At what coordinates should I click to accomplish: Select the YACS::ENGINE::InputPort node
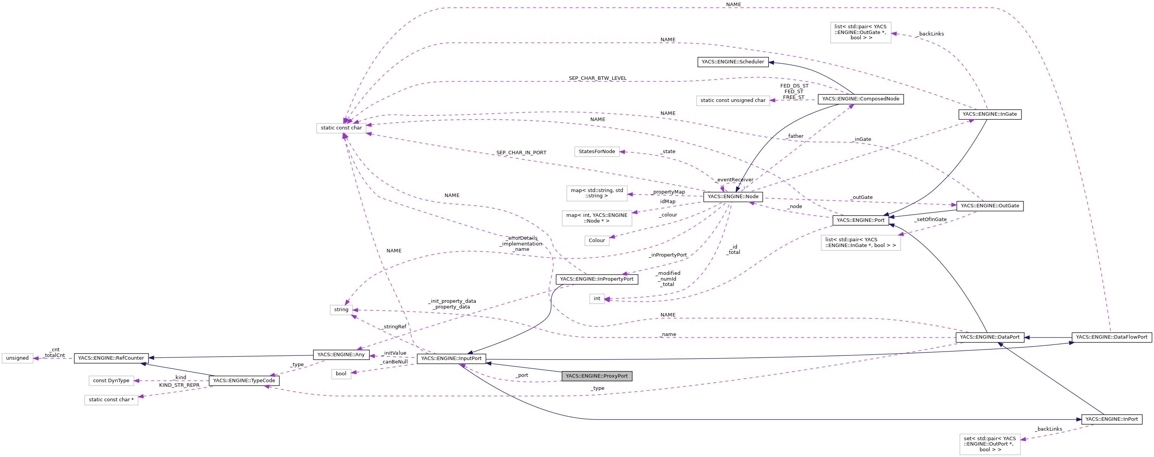[x=451, y=358]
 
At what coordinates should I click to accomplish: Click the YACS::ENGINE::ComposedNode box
[x=860, y=99]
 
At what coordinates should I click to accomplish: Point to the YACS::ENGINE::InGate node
[x=989, y=114]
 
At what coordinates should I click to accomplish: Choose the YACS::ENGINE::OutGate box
[x=989, y=206]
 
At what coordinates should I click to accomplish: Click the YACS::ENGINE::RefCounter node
[x=111, y=358]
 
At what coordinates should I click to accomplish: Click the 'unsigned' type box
[x=18, y=358]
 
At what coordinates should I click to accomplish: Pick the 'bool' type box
[x=341, y=374]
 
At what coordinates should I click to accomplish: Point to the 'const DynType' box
[x=111, y=381]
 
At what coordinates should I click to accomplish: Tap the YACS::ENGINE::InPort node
[x=1111, y=419]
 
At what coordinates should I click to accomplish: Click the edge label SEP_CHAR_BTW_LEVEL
[x=597, y=78]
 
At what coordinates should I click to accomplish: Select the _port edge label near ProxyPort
[x=522, y=375]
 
